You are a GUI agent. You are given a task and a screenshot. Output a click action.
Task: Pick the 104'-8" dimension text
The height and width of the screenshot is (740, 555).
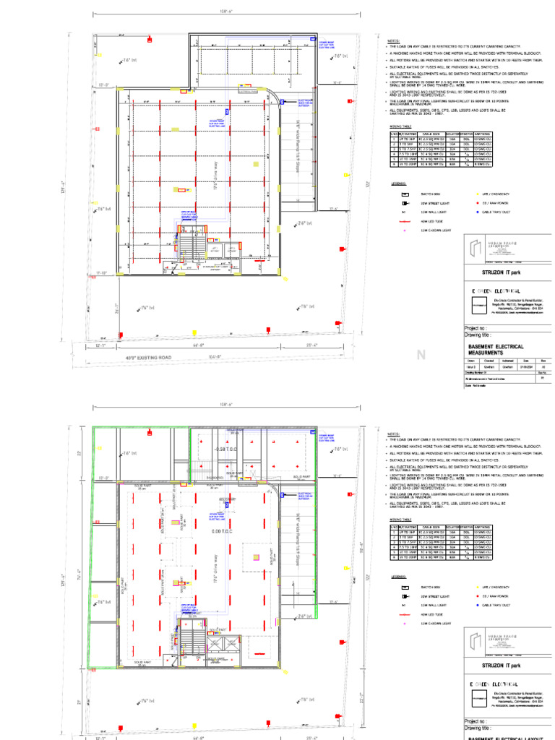point(215,357)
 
